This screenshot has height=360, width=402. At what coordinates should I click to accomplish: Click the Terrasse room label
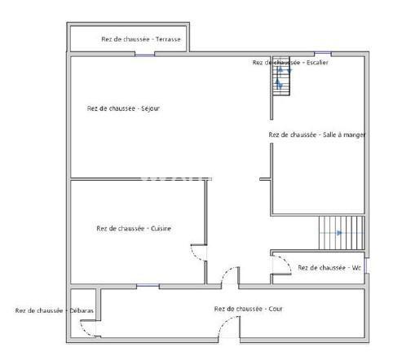pyautogui.click(x=142, y=38)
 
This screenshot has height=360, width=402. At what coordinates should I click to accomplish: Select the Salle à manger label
pyautogui.click(x=317, y=134)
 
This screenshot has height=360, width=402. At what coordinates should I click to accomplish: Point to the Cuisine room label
pyautogui.click(x=134, y=228)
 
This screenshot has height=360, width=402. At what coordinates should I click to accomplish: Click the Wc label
pyautogui.click(x=329, y=267)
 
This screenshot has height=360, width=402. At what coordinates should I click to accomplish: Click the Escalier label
pyautogui.click(x=290, y=63)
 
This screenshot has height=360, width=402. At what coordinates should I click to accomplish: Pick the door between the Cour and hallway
pyautogui.click(x=229, y=275)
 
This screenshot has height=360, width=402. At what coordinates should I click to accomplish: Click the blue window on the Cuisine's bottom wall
pyautogui.click(x=148, y=286)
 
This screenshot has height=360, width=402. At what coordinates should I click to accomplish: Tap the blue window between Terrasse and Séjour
pyautogui.click(x=145, y=54)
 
